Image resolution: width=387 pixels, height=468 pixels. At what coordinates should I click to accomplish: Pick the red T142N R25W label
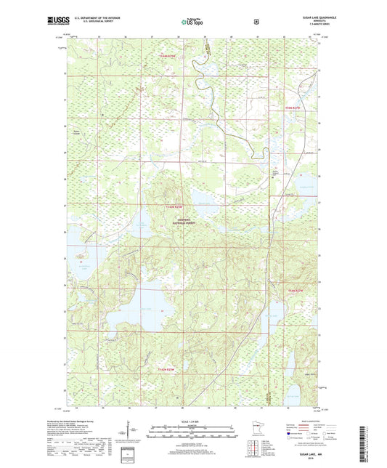[167, 369]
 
